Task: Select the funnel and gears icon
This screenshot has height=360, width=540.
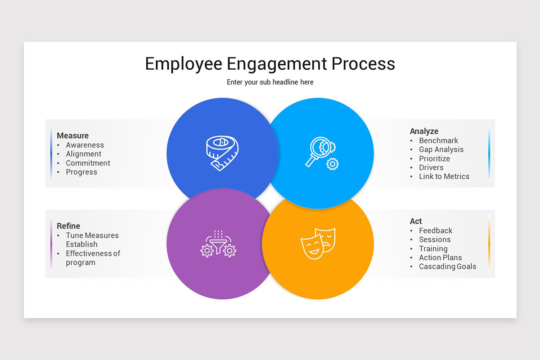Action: (x=218, y=244)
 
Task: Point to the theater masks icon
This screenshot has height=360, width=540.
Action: (x=318, y=243)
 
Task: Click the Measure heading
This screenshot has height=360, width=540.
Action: (x=72, y=135)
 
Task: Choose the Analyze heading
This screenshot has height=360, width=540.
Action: (x=424, y=131)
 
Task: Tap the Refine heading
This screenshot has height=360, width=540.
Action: (x=68, y=226)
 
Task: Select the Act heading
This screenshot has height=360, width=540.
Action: (x=416, y=221)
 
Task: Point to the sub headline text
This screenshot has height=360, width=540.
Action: (x=270, y=82)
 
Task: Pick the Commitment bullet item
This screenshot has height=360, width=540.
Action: (x=88, y=163)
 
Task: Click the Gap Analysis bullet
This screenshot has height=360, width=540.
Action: (x=441, y=149)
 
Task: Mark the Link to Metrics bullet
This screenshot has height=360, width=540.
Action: (x=444, y=176)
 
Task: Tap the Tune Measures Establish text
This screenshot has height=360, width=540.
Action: (x=92, y=239)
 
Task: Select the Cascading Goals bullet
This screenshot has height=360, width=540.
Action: (x=447, y=266)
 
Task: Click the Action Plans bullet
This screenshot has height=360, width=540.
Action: (x=440, y=257)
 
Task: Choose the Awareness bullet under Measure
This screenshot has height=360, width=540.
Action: (x=85, y=145)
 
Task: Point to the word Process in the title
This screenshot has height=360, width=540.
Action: (x=363, y=63)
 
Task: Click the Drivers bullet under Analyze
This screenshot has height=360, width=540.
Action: (x=431, y=167)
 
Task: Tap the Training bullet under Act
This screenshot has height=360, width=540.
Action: (x=433, y=248)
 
